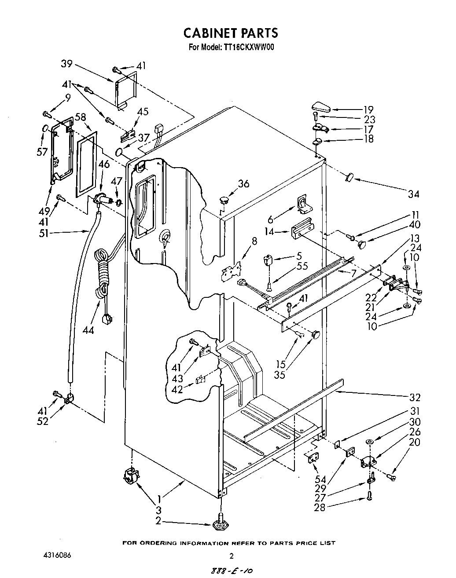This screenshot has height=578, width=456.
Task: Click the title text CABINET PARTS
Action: point(230,33)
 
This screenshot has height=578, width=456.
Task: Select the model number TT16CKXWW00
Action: point(249,48)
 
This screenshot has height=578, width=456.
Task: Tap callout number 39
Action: point(66,64)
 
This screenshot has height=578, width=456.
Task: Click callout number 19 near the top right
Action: point(368,110)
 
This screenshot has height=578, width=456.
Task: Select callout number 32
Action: point(414,398)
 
